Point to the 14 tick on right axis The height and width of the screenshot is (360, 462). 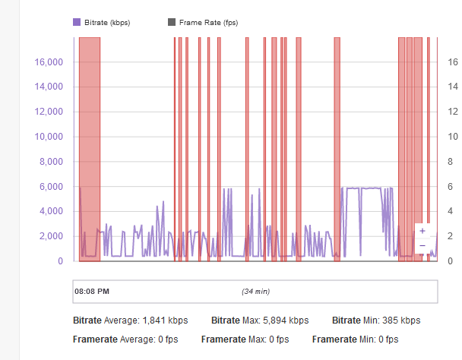click(x=452, y=87)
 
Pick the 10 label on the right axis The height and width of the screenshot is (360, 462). click(x=452, y=137)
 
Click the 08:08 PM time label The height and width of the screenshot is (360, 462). click(x=92, y=291)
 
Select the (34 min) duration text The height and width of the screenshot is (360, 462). click(x=256, y=292)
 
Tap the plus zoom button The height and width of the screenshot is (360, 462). click(x=422, y=231)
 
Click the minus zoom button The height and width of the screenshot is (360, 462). click(x=422, y=246)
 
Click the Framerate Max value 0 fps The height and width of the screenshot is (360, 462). click(x=274, y=339)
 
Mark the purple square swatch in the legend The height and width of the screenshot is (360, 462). click(x=77, y=23)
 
